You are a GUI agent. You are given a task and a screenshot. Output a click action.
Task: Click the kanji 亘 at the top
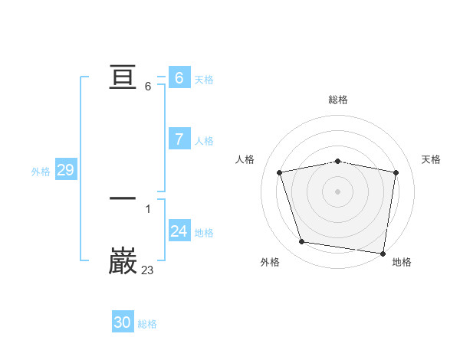click(123, 77)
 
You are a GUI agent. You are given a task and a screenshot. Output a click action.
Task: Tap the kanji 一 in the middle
click(123, 198)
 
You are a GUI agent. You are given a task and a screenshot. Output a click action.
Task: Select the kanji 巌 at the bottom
click(123, 261)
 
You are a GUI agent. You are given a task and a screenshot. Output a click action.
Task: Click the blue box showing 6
click(179, 78)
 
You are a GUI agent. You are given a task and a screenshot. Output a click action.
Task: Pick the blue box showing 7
click(179, 139)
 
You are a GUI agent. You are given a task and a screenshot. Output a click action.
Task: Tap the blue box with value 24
click(179, 231)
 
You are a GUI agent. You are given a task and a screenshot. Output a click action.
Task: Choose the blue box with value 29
click(65, 170)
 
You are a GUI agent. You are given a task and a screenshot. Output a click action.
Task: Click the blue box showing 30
click(123, 322)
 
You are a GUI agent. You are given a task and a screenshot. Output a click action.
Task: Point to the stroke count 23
click(148, 270)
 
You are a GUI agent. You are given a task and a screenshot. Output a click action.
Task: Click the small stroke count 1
click(148, 208)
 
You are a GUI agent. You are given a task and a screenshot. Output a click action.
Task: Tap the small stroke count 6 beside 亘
click(148, 86)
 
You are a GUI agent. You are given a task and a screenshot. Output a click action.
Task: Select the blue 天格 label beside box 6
click(204, 80)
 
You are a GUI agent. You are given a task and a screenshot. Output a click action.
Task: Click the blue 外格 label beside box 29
click(41, 172)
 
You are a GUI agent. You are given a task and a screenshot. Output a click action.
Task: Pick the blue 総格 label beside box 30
click(147, 324)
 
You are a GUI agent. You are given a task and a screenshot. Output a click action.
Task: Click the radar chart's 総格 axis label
click(338, 100)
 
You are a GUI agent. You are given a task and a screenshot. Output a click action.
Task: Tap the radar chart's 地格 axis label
click(402, 263)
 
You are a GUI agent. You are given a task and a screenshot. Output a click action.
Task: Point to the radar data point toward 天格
click(396, 172)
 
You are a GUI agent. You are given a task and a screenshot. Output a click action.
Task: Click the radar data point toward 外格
click(302, 242)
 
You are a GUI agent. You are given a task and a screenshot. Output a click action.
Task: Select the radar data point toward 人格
click(280, 172)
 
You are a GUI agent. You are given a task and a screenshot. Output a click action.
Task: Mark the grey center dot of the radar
click(338, 191)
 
